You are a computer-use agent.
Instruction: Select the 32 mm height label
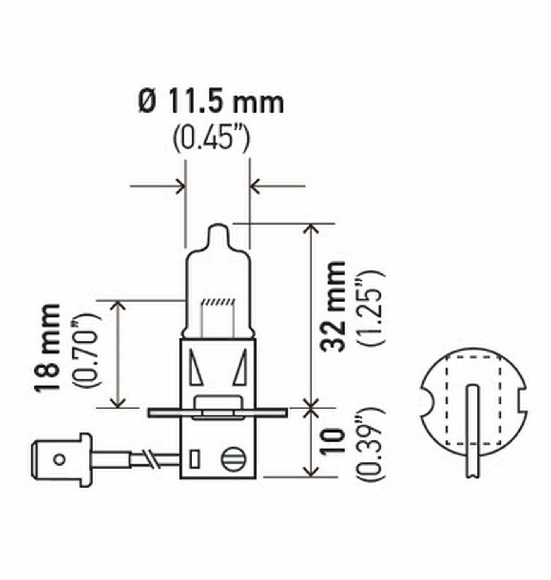point(333,306)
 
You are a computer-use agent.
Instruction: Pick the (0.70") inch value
point(86,351)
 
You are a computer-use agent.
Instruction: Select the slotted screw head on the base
point(233,459)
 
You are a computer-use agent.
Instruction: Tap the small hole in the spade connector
point(59,459)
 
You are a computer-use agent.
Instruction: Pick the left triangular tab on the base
point(196,367)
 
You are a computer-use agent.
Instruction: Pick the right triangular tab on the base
point(241,367)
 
